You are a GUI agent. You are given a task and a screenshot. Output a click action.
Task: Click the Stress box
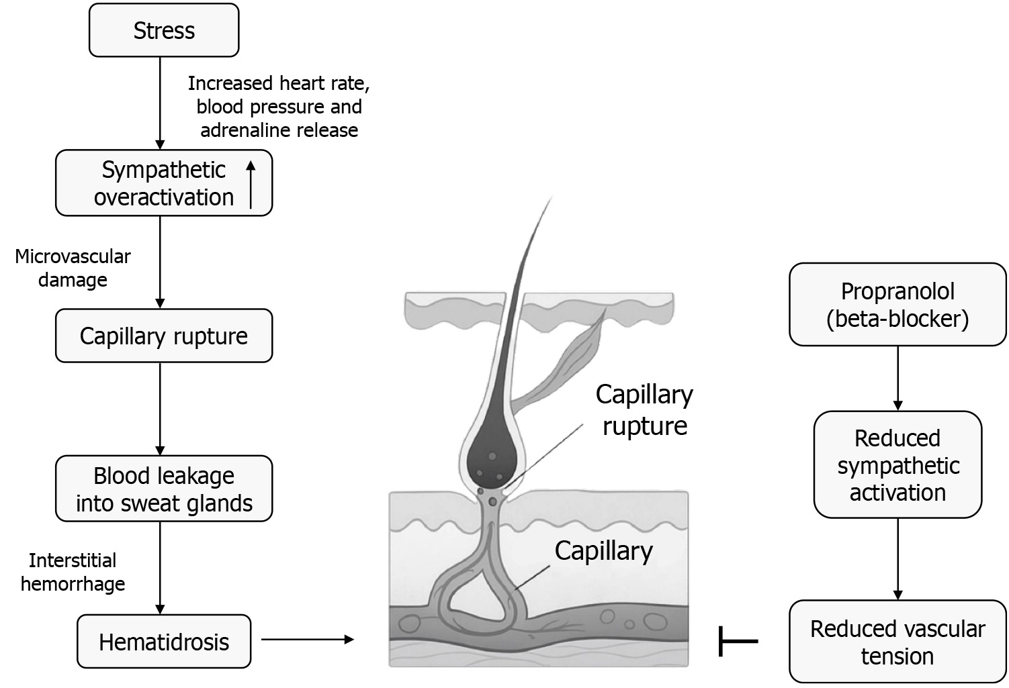pyautogui.click(x=164, y=30)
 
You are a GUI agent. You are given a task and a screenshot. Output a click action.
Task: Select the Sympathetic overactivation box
pyautogui.click(x=164, y=183)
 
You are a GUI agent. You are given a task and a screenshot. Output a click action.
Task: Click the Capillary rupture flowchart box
pyautogui.click(x=164, y=336)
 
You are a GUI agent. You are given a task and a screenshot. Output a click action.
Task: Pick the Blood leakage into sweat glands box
pyautogui.click(x=164, y=489)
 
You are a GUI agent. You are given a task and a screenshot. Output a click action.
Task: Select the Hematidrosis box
pyautogui.click(x=164, y=642)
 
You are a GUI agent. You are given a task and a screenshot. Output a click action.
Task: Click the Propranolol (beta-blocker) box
pyautogui.click(x=897, y=305)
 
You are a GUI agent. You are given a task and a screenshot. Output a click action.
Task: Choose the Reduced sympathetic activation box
pyautogui.click(x=897, y=465)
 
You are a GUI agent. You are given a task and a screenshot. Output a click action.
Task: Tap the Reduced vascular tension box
pyautogui.click(x=897, y=642)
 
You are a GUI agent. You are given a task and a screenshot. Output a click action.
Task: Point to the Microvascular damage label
pyautogui.click(x=73, y=268)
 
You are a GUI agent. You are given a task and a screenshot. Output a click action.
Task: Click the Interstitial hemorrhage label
pyautogui.click(x=73, y=572)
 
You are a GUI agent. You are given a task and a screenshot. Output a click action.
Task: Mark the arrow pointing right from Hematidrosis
pyautogui.click(x=307, y=640)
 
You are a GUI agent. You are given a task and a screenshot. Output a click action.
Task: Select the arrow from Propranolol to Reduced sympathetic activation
pyautogui.click(x=897, y=378)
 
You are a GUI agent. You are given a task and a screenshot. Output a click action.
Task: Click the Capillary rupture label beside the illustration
pyautogui.click(x=644, y=409)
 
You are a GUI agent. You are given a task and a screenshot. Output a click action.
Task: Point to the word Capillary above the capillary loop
pyautogui.click(x=603, y=551)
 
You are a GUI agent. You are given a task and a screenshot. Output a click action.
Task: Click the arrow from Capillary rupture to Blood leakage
pyautogui.click(x=160, y=409)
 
